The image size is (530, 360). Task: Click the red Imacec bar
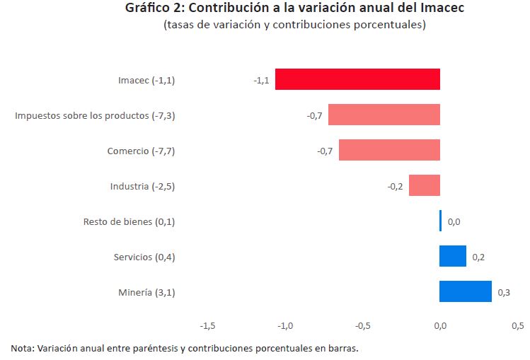(357, 79)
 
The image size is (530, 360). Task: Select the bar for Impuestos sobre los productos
(384, 115)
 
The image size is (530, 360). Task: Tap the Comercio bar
(389, 150)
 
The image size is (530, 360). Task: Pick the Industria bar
(425, 185)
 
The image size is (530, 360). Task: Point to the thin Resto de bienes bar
(440, 221)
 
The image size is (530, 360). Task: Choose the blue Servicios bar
(453, 256)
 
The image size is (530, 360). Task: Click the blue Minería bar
(466, 291)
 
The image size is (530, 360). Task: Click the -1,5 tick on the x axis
(208, 326)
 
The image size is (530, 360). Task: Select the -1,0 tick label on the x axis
(286, 326)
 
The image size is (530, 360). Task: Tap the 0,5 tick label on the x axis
(517, 326)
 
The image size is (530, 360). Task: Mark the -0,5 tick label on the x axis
(363, 326)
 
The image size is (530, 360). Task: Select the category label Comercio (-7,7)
(141, 151)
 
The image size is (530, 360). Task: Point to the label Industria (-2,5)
(142, 187)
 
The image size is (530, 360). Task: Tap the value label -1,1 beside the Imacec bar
(261, 81)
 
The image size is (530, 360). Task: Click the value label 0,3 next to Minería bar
(504, 293)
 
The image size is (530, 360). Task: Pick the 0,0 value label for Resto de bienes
(454, 222)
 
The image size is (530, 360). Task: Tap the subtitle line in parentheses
(294, 25)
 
